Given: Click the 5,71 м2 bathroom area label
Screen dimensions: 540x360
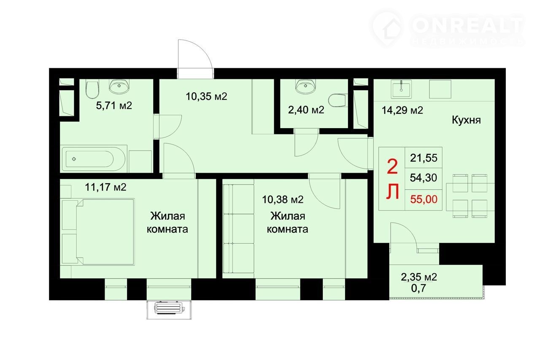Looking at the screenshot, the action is pyautogui.click(x=114, y=105).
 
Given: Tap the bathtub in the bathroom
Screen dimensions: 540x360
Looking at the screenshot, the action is pyautogui.click(x=94, y=159).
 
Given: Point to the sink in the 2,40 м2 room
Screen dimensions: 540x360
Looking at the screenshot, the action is pyautogui.click(x=306, y=87).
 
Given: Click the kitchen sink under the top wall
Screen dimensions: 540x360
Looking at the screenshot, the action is pyautogui.click(x=401, y=89).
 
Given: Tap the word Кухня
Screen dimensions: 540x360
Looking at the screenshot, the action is pyautogui.click(x=466, y=120).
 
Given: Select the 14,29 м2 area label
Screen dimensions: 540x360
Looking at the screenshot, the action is pyautogui.click(x=402, y=110).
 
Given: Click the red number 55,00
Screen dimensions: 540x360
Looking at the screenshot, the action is pyautogui.click(x=424, y=199).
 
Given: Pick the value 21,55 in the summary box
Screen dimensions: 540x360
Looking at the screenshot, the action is pyautogui.click(x=424, y=158).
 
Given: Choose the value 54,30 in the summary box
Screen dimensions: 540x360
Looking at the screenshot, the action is pyautogui.click(x=424, y=178).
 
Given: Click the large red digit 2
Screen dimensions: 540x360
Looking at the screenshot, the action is pyautogui.click(x=392, y=167).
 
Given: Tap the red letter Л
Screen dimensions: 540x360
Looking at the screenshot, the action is pyautogui.click(x=393, y=191).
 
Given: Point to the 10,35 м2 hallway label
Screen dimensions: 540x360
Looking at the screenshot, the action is pyautogui.click(x=206, y=97).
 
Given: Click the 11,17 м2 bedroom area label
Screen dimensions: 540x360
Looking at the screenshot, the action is pyautogui.click(x=105, y=187).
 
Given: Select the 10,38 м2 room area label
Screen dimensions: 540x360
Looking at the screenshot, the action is pyautogui.click(x=283, y=199).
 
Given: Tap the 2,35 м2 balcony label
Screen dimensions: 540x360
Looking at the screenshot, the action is pyautogui.click(x=419, y=277).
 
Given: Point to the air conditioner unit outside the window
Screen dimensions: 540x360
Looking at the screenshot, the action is pyautogui.click(x=170, y=308).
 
